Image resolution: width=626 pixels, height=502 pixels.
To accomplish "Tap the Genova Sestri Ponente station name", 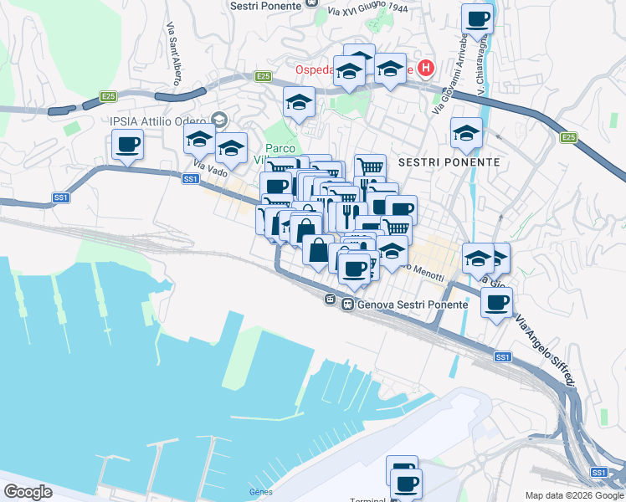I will [x=413, y=305].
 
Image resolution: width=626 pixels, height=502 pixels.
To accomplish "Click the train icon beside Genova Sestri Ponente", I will [x=347, y=305].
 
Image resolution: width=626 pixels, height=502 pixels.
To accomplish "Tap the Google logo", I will [x=28, y=492].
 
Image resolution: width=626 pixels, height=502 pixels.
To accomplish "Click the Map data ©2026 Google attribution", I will [x=574, y=495].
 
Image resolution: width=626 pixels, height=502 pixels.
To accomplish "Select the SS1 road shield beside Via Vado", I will [x=190, y=178].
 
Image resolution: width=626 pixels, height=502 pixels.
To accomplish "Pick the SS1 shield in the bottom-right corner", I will [x=598, y=473].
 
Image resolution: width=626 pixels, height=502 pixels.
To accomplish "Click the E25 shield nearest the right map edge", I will [x=569, y=137].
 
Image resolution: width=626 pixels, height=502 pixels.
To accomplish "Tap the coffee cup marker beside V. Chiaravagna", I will [x=478, y=20].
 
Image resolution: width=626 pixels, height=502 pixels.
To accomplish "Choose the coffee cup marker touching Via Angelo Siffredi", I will [x=497, y=303].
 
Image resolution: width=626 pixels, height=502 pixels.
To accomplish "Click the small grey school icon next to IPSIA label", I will [x=220, y=120].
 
